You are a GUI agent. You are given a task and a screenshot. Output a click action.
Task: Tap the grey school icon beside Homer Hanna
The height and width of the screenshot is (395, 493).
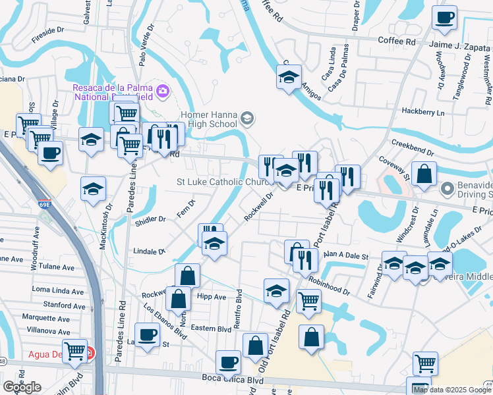coord(247,118)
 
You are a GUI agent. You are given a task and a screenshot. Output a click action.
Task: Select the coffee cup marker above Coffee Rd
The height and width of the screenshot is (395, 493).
coord(444,18)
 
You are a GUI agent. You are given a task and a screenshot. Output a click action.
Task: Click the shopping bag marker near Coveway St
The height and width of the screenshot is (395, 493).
coord(425,174)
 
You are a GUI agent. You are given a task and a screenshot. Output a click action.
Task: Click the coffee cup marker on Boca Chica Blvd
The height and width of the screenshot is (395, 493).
coord(229,362)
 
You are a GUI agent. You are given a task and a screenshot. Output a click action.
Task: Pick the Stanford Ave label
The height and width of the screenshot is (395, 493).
coord(64,305)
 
